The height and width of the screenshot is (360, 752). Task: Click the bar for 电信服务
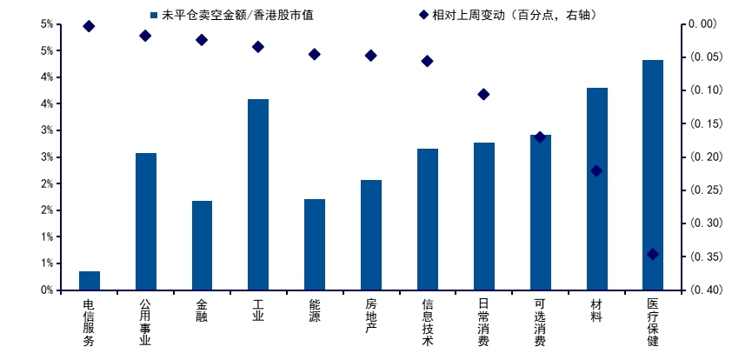coord(90,281)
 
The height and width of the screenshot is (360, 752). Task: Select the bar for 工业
coord(258,195)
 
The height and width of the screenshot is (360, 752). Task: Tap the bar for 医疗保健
coord(653,175)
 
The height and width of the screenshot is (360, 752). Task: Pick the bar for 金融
coord(202,245)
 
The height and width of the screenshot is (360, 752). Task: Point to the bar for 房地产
coord(371,235)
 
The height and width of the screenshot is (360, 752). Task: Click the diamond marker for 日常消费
coord(484,94)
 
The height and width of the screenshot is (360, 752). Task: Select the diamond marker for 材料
coord(596,171)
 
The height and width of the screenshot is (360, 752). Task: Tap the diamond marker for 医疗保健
coord(653,254)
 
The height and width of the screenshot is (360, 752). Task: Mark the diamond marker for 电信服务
coord(90,26)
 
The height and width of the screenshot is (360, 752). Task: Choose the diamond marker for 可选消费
coord(540,137)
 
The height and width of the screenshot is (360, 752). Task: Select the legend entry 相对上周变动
coord(508,15)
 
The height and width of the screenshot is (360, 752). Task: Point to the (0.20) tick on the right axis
coord(702,157)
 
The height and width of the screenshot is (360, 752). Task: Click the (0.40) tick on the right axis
coord(702,290)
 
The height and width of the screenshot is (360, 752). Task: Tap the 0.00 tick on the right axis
coord(702,23)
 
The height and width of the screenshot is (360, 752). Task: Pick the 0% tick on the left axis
coord(47,290)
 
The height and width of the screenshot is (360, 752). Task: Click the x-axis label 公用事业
coord(145,322)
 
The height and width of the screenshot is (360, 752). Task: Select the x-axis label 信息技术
coord(428,322)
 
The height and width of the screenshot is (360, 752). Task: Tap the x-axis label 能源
coord(315,310)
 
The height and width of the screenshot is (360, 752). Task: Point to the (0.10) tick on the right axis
coord(702,90)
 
